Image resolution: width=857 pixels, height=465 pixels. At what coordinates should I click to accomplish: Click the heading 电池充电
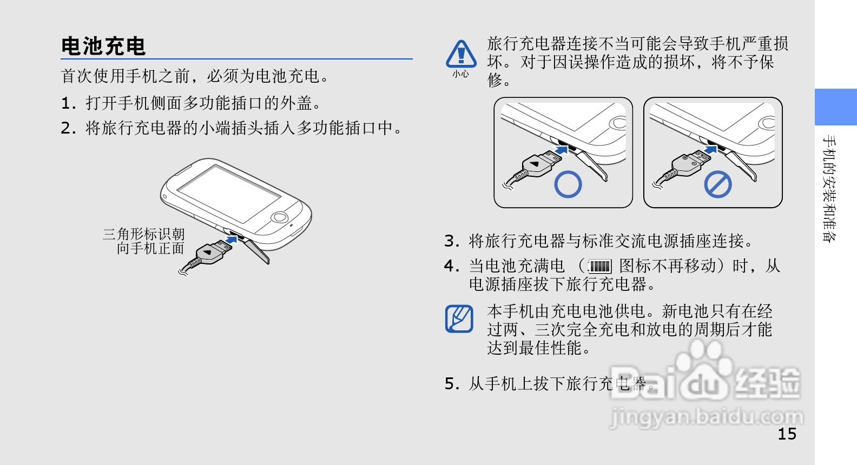point(103,46)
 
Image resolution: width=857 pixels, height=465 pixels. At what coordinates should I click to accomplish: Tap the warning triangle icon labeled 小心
point(461,54)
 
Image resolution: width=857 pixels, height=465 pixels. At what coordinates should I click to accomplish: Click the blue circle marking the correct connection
point(568,184)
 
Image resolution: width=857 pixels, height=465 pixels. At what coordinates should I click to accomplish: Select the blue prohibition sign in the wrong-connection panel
point(718,184)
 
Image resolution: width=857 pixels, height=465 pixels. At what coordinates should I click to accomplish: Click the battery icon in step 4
point(600,266)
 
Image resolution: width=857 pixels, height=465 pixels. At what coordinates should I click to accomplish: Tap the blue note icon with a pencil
point(459,318)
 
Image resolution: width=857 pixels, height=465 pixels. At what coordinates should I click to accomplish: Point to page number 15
point(787,434)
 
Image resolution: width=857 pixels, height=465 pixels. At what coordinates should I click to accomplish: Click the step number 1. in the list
point(69,103)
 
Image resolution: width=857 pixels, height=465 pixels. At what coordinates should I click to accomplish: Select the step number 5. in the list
point(452,383)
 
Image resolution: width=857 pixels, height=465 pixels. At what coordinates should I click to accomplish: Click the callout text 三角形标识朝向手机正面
point(144,241)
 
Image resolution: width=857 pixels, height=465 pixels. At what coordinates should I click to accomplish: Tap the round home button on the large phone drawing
point(279,217)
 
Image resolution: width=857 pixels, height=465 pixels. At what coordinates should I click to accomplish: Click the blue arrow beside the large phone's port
point(232,240)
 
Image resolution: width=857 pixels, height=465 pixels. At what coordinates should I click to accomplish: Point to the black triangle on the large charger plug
point(207,252)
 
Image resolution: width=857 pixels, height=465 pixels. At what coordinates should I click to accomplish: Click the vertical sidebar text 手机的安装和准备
point(829,188)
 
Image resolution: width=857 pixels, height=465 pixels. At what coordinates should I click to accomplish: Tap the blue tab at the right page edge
point(835,107)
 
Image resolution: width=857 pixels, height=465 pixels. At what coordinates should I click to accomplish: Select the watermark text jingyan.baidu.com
point(706,417)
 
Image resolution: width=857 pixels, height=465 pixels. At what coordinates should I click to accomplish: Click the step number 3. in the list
point(452,241)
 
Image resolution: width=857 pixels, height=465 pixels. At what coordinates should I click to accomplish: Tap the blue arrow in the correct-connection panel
point(561,150)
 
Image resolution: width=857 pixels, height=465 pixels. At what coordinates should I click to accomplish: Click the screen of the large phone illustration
point(229,194)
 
